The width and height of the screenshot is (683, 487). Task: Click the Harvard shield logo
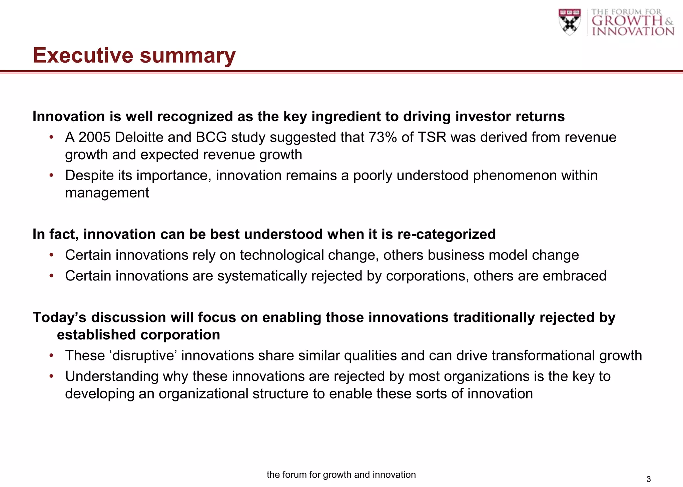(x=569, y=22)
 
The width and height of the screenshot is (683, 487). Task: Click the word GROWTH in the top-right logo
(x=627, y=21)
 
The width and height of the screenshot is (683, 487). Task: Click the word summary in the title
(x=187, y=56)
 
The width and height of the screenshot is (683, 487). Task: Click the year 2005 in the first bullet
(x=94, y=137)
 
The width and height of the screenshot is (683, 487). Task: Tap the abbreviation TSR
(x=432, y=137)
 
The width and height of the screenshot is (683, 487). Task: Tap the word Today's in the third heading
(x=59, y=317)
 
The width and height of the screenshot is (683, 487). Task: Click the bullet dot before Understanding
(x=51, y=376)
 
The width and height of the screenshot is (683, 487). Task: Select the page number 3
(x=648, y=479)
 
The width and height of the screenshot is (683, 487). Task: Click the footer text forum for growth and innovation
(x=341, y=475)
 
